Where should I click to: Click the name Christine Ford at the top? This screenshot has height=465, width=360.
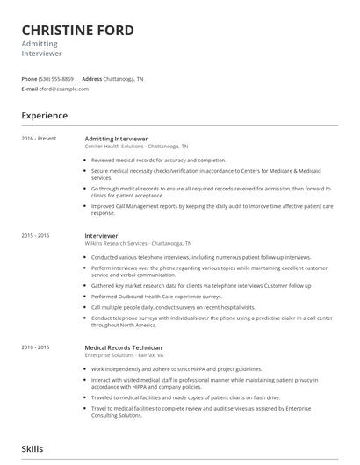78,32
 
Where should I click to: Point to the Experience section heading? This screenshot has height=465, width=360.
45,115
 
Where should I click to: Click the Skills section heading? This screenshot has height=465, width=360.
32,449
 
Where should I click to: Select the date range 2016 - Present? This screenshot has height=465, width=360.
39,139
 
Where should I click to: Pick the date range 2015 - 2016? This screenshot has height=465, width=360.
36,236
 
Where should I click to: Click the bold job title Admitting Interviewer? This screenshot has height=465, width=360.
116,139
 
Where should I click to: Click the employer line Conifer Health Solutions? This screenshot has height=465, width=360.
136,147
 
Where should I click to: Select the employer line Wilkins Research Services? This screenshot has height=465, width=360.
138,243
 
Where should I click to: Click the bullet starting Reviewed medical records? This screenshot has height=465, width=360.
158,161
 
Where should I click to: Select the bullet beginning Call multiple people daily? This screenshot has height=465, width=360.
173,308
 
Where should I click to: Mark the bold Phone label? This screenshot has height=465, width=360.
30,79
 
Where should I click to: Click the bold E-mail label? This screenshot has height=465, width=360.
30,89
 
